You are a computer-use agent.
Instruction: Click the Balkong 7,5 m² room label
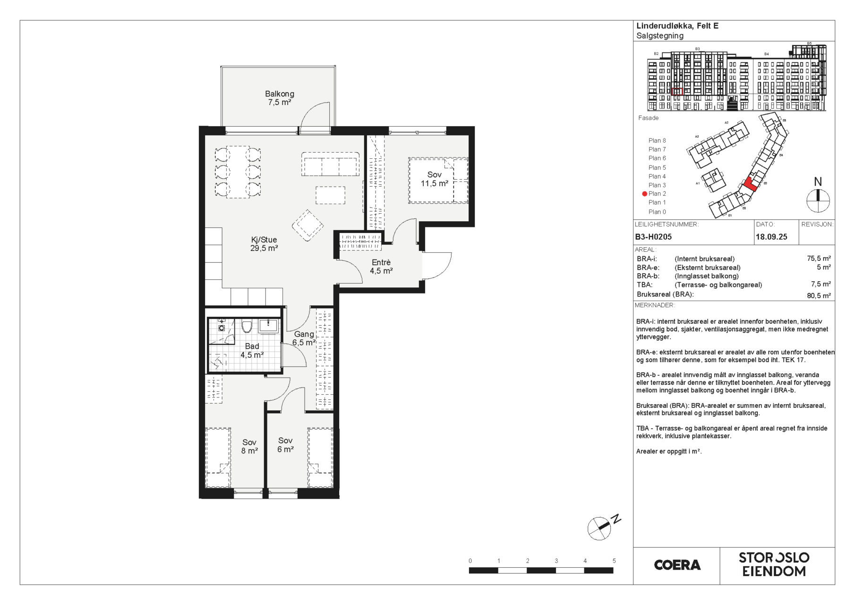click(x=279, y=98)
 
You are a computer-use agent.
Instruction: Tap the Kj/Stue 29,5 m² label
click(x=264, y=243)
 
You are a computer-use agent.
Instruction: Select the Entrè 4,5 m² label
click(x=381, y=267)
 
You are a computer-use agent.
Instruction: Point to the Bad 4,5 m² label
click(x=252, y=350)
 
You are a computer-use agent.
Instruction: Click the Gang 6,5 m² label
click(x=304, y=338)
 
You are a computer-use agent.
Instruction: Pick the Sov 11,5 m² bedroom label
click(x=435, y=179)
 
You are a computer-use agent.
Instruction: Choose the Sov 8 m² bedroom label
click(x=249, y=446)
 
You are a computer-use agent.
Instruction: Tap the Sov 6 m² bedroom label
click(x=285, y=445)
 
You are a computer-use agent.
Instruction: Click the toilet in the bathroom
click(x=247, y=326)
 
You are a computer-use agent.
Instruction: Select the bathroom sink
click(x=269, y=326)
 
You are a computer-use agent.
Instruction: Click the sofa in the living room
click(x=331, y=164)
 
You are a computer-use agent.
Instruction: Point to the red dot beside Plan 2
click(x=644, y=194)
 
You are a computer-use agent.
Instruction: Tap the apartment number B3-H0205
click(x=653, y=237)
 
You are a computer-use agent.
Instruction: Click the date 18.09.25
click(x=771, y=237)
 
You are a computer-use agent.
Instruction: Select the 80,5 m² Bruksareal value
click(x=819, y=296)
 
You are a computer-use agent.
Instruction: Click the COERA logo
click(x=677, y=565)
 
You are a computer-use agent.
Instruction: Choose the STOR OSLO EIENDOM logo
click(x=774, y=564)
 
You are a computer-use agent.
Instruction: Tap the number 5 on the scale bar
click(x=614, y=561)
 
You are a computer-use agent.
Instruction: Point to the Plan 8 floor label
click(x=657, y=140)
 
